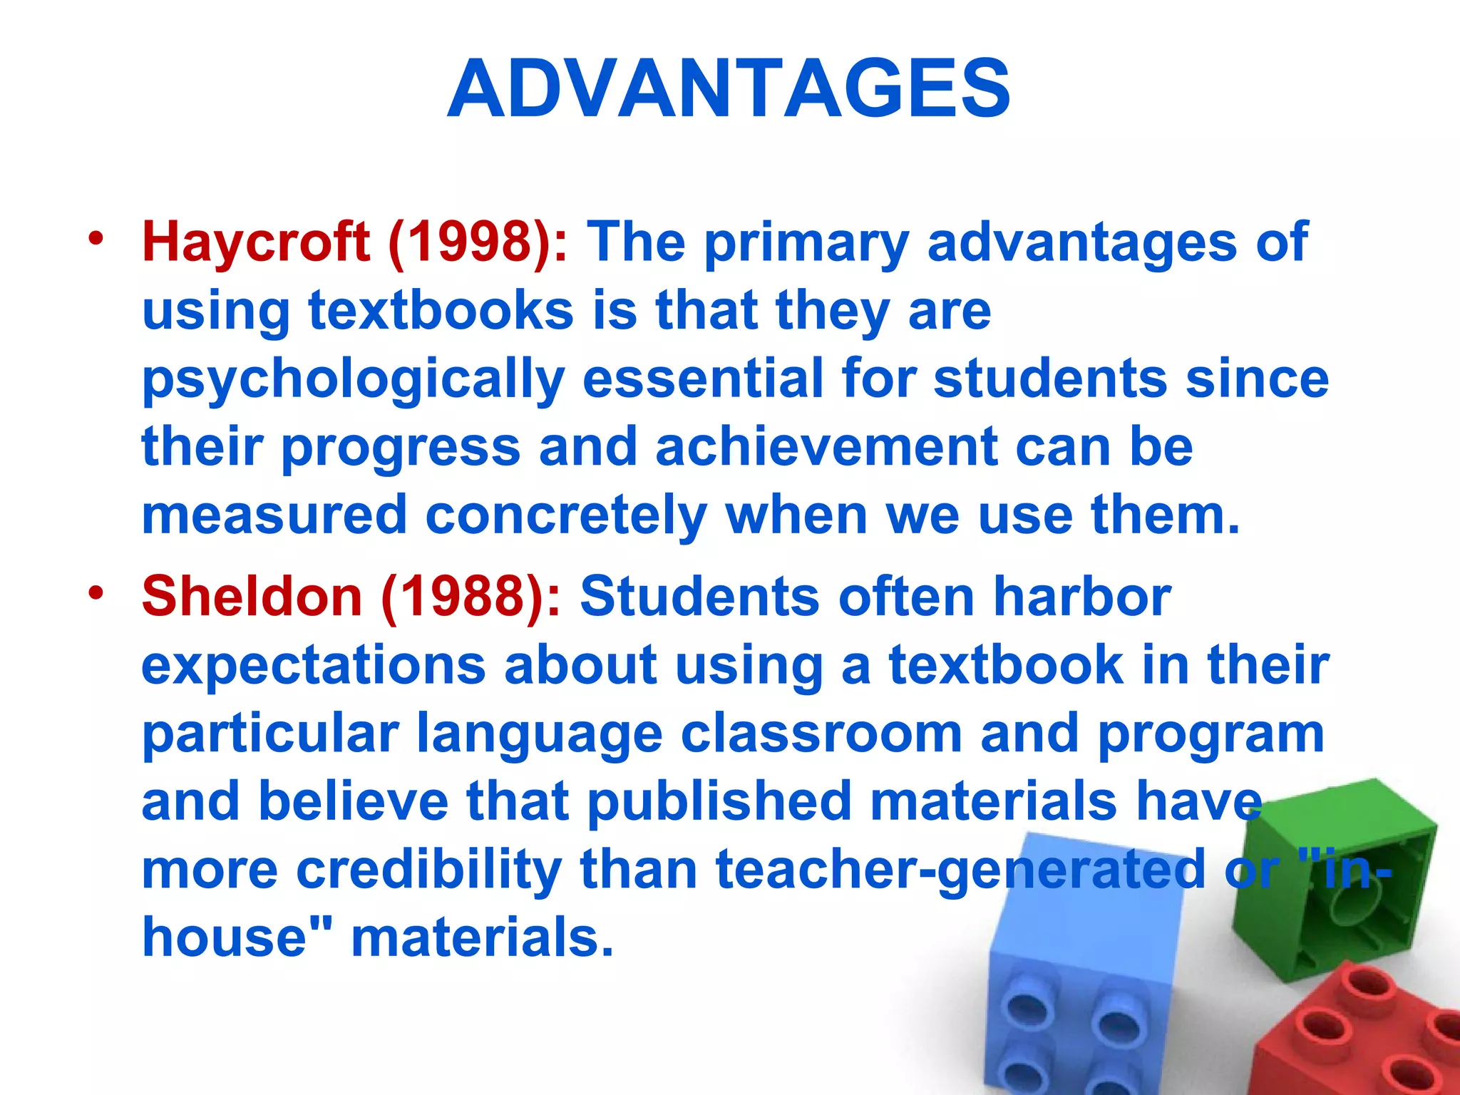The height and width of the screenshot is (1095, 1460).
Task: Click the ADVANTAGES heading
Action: point(729,89)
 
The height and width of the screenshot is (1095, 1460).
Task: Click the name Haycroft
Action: point(255,242)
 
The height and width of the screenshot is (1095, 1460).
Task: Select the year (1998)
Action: point(478,242)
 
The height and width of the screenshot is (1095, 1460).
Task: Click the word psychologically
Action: point(353,379)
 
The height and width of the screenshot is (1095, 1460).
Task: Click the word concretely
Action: point(566,515)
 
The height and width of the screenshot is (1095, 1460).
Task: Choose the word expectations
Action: point(313,665)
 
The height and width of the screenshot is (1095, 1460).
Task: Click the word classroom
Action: point(821,733)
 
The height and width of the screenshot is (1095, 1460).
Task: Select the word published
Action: point(720,801)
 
